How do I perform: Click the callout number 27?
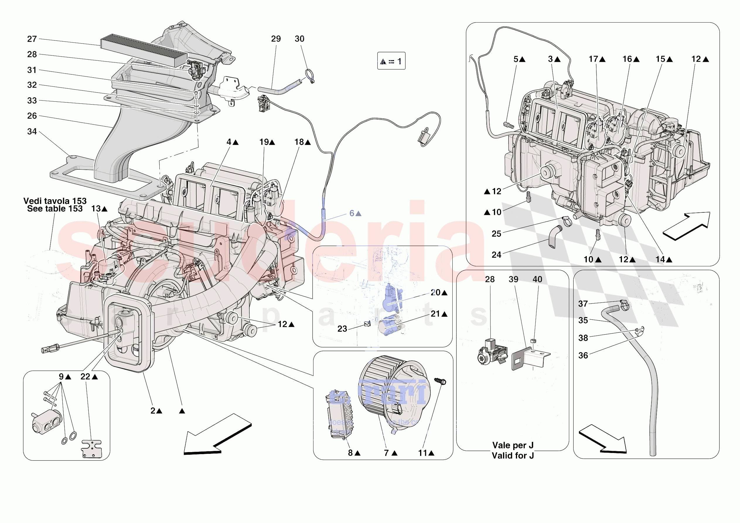coord(32,39)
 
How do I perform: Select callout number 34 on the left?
coord(32,132)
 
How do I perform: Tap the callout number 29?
coord(276,39)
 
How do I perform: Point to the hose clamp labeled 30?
coord(310,76)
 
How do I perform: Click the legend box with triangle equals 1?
coord(391,61)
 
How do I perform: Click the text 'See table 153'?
coord(55,209)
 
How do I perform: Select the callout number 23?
coord(342,329)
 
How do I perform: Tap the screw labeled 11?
coord(440,381)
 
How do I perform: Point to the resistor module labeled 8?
coord(339,414)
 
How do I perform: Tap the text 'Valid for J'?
coord(512,456)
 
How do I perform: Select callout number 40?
coord(537,279)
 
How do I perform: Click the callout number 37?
coord(583,304)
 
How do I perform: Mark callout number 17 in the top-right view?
coord(593,59)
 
